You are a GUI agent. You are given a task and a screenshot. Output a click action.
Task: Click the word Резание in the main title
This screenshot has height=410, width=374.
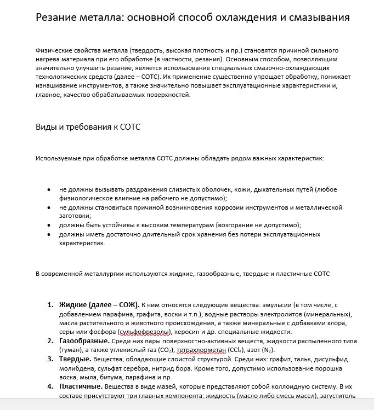(x=58, y=17)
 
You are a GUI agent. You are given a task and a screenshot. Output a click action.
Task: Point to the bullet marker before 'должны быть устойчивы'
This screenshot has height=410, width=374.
(x=49, y=225)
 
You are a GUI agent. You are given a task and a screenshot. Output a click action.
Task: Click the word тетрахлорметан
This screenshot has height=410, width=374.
(x=201, y=350)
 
